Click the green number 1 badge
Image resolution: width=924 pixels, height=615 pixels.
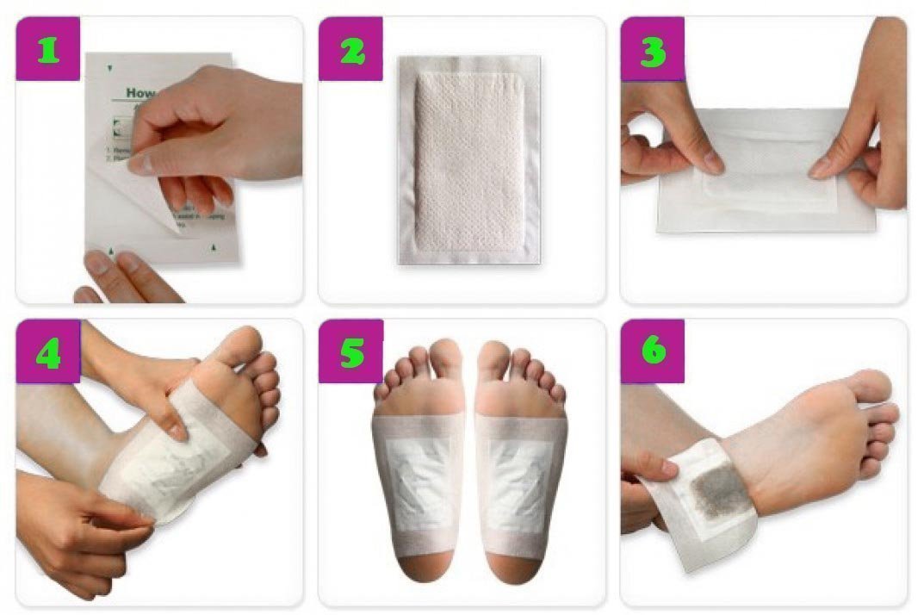pos(48,50)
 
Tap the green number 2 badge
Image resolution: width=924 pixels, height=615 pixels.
pos(350,50)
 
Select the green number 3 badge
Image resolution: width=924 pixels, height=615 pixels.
pos(652,50)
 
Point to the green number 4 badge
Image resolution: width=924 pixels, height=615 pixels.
pos(48,352)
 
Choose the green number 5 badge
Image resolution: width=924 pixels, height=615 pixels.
pos(350,352)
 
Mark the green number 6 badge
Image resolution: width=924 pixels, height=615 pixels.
pos(652,352)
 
